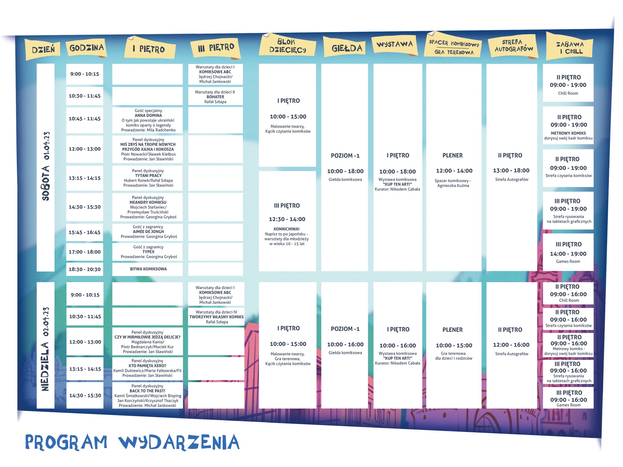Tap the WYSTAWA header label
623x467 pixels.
coord(395,45)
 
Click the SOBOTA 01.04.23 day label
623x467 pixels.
coord(46,167)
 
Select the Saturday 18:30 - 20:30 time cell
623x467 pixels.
coord(85,269)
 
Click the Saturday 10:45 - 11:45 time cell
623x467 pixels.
coord(85,119)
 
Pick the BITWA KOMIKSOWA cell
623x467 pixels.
coord(148,269)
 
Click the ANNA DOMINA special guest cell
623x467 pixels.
coord(148,120)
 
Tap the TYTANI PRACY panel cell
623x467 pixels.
coord(148,178)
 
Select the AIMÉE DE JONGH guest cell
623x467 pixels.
coord(148,232)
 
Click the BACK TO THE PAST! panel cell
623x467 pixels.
coord(148,396)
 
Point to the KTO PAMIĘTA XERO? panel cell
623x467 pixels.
coord(148,368)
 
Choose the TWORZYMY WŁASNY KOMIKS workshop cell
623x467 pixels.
coord(216,317)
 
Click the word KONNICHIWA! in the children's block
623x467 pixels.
coord(286,229)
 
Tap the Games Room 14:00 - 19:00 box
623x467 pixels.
coord(568,253)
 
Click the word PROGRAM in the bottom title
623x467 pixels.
coord(66,442)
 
